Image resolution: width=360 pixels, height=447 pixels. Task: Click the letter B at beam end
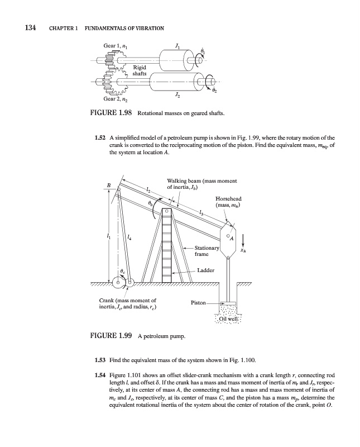click(109, 184)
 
